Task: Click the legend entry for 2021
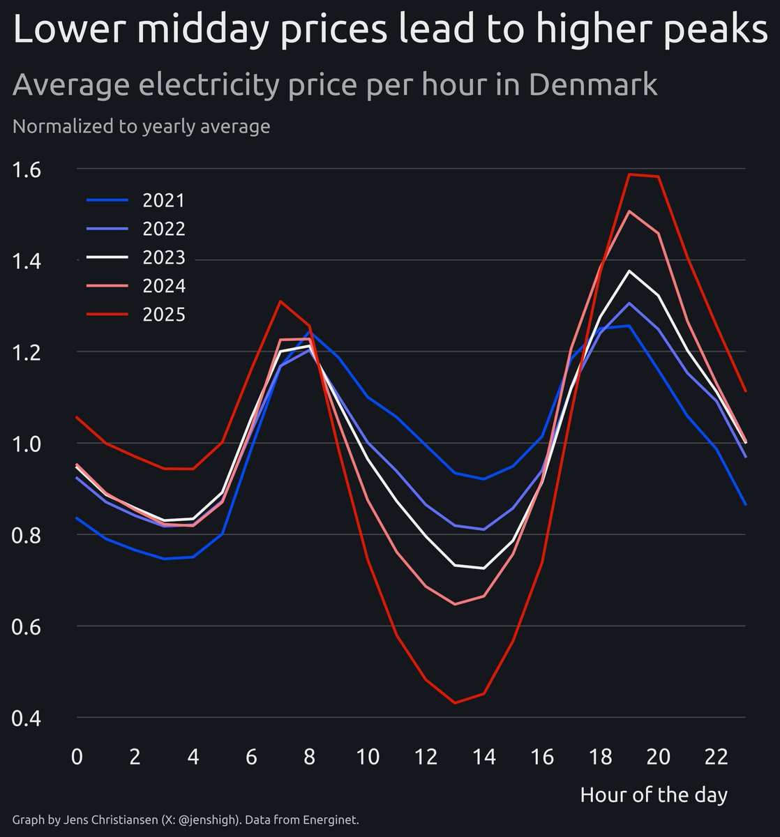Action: pos(163,201)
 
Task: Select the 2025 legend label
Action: pos(163,315)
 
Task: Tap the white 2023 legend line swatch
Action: pos(107,258)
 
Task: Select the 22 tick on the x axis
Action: pos(717,757)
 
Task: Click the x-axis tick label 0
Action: pos(77,757)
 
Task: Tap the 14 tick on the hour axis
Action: pos(483,757)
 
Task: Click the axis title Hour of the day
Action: pos(654,794)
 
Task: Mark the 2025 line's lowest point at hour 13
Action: pos(455,702)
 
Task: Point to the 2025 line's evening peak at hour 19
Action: pos(629,174)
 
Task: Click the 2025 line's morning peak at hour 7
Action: pos(280,301)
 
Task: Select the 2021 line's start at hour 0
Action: pos(77,518)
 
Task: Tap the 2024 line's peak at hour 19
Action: pos(629,211)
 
